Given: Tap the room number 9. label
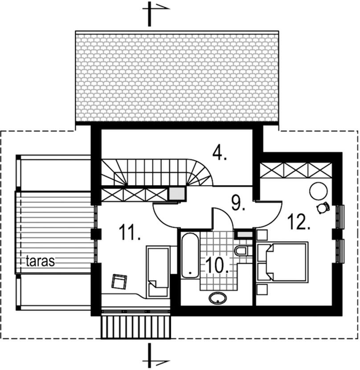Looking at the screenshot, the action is click(238, 203).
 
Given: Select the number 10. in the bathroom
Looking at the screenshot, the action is click(217, 265).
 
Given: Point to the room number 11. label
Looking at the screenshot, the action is click(130, 232).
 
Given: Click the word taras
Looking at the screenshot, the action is click(40, 261).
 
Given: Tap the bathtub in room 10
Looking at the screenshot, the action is click(190, 255).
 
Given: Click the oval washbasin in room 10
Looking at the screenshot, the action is click(217, 298).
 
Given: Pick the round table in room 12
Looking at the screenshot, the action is click(319, 191).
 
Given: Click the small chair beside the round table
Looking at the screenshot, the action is click(323, 207).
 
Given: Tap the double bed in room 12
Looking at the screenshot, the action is click(282, 262).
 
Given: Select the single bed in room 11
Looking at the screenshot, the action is click(158, 272).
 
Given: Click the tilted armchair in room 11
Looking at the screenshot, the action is click(119, 281).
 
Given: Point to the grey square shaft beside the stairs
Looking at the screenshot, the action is click(177, 193).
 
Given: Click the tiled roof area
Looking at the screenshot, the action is click(177, 77).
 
